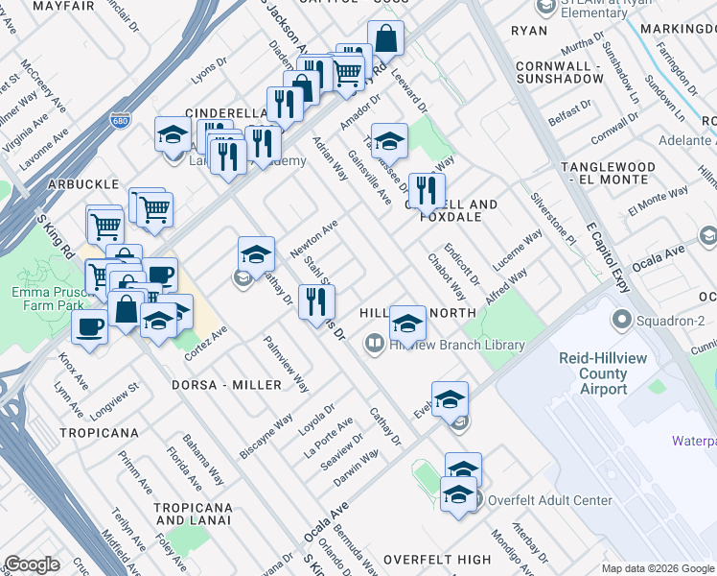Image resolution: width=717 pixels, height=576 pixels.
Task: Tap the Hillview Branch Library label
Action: pyautogui.click(x=457, y=345)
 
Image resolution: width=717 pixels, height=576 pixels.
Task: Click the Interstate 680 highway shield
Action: pyautogui.click(x=121, y=111)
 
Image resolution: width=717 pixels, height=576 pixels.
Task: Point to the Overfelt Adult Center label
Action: pyautogui.click(x=549, y=500)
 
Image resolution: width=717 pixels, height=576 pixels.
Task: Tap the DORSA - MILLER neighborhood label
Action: pyautogui.click(x=226, y=385)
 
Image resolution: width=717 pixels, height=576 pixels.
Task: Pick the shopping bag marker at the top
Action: pyautogui.click(x=385, y=41)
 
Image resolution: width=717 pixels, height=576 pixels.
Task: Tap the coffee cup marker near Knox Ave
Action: pyautogui.click(x=90, y=325)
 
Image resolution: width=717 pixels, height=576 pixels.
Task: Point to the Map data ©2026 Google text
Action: pyautogui.click(x=658, y=568)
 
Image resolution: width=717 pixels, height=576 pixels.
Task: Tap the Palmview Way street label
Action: pyautogui.click(x=288, y=364)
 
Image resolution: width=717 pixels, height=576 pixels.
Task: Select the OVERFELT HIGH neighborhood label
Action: pyautogui.click(x=436, y=559)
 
